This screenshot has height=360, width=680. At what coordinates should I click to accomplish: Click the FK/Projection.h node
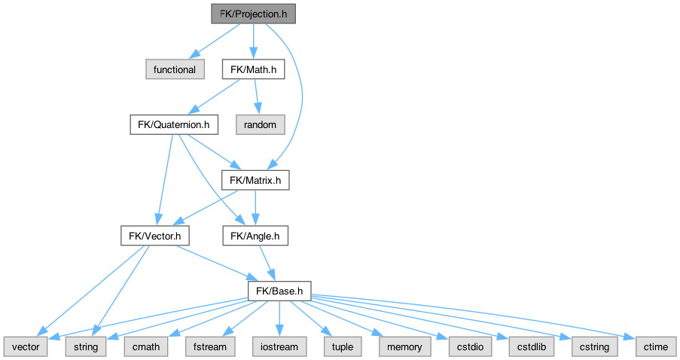click(x=252, y=14)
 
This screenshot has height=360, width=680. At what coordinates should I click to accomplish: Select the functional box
click(x=174, y=69)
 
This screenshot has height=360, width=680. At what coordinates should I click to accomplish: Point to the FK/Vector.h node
click(x=154, y=236)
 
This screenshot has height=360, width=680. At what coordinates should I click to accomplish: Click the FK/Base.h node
click(x=279, y=291)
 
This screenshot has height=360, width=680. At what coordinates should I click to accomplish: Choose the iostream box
click(x=279, y=347)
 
